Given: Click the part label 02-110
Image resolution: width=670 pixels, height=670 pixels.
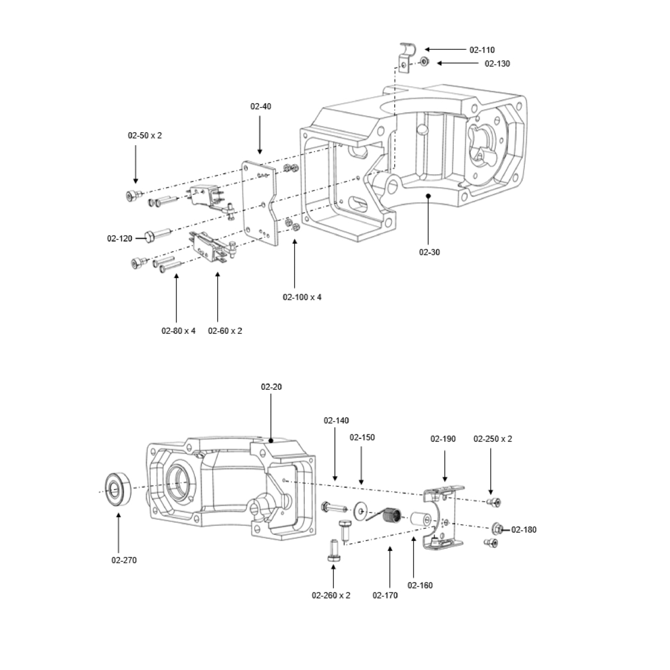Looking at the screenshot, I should pyautogui.click(x=482, y=50).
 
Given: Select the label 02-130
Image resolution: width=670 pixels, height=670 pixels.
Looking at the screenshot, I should pyautogui.click(x=497, y=64).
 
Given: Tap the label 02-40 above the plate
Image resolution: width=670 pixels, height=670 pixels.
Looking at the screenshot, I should pyautogui.click(x=260, y=106).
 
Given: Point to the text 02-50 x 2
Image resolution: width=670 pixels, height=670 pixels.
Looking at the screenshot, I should pyautogui.click(x=145, y=136).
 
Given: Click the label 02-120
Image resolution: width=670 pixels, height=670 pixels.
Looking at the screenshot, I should pyautogui.click(x=119, y=239).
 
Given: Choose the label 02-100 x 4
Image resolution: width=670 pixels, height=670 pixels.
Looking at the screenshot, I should pyautogui.click(x=302, y=297).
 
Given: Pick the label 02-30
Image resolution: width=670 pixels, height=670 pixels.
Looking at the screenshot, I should pyautogui.click(x=429, y=252).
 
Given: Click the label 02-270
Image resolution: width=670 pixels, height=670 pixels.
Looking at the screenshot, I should pyautogui.click(x=124, y=560).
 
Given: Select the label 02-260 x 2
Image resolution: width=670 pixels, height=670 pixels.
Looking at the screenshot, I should pyautogui.click(x=331, y=595).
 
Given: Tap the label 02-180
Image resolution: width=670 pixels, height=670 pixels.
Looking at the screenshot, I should pyautogui.click(x=524, y=529).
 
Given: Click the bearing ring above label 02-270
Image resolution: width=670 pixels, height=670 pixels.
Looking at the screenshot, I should pyautogui.click(x=118, y=490).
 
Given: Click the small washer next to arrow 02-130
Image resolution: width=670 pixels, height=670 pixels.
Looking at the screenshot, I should pyautogui.click(x=425, y=62).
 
